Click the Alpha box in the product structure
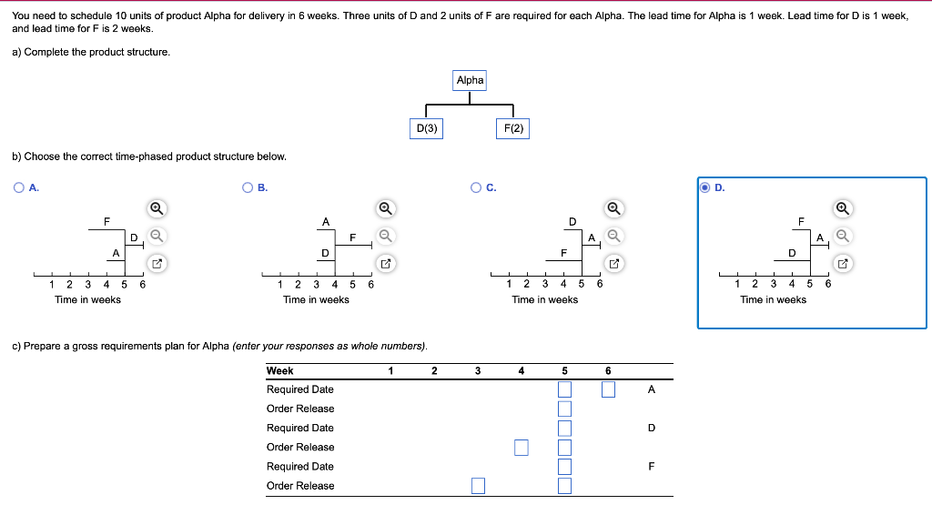pos(470,80)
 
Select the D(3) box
pos(426,128)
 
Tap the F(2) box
pos(513,128)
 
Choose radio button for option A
pos(19,187)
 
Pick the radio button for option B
pos(248,187)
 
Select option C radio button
pos(476,187)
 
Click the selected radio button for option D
pos(705,187)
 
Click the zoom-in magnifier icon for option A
pos(157,208)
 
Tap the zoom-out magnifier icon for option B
pos(385,236)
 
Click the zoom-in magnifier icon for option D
pos(842,208)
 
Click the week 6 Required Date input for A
pos(608,389)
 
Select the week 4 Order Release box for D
pos(521,447)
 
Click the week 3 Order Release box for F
pos(478,486)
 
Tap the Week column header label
pos(279,370)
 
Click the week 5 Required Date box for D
pos(564,428)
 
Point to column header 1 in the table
pos(390,370)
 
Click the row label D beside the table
pos(651,428)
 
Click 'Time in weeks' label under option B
pos(316,299)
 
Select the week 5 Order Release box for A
pos(564,409)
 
